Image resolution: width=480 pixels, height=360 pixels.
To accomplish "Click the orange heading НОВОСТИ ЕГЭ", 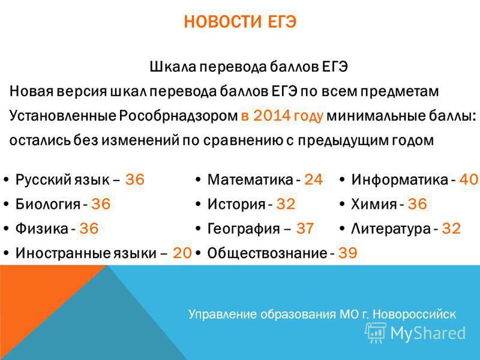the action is [x=241, y=22].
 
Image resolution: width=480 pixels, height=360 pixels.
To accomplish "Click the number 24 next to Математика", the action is [x=313, y=179].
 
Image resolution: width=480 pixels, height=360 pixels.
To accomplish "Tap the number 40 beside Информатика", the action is [x=469, y=179].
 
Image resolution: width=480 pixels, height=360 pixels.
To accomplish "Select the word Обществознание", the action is [x=267, y=253].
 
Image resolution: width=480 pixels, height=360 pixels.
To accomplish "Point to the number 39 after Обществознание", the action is [x=348, y=253].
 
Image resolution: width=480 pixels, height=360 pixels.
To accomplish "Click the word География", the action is [x=244, y=229].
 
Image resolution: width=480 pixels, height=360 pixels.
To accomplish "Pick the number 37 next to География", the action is [x=305, y=229].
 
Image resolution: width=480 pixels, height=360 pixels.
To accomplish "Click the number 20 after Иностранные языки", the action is [x=182, y=253].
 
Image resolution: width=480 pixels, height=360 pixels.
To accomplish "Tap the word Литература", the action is [x=391, y=229].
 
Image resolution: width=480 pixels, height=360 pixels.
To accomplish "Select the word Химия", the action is [x=374, y=204].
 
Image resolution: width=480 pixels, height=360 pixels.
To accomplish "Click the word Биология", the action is [x=48, y=204].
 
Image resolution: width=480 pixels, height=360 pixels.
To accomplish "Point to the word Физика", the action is [x=42, y=229].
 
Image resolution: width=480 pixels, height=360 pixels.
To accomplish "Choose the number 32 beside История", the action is [x=286, y=204].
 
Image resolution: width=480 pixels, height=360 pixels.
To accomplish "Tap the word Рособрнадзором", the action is [x=178, y=116].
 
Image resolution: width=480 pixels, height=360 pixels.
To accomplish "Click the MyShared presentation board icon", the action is [x=376, y=333].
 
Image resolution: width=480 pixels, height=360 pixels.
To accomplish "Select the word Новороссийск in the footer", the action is [x=414, y=314].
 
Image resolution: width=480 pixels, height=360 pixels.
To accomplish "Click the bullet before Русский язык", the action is [x=6, y=179].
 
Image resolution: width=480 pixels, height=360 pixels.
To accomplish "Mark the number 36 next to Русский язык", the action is [x=134, y=179].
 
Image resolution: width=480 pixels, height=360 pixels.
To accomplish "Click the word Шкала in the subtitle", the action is [x=173, y=67].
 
